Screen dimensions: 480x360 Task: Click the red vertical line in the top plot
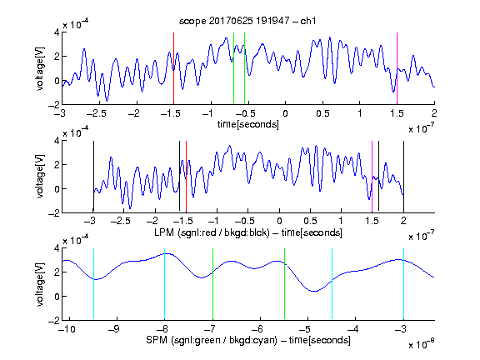tap(173, 68)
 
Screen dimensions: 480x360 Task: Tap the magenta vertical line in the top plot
tap(397, 68)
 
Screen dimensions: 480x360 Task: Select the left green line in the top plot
tap(233, 68)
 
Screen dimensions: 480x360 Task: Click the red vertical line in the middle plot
tap(186, 177)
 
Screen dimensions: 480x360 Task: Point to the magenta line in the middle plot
tap(372, 177)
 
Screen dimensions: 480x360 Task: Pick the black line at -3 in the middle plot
tap(93, 177)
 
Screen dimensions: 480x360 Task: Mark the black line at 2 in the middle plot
tap(403, 177)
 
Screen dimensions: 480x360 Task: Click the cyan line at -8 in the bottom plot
tap(164, 284)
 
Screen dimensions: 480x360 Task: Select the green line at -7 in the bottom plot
tap(212, 284)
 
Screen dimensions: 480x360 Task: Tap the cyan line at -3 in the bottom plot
tap(403, 284)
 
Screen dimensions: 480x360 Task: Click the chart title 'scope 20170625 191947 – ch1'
tap(247, 21)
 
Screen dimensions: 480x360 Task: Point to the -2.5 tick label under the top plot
tap(96, 113)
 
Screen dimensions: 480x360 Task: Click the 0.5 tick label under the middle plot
tap(310, 221)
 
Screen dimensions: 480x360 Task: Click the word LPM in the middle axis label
tap(164, 232)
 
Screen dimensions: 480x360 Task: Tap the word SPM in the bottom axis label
tap(157, 340)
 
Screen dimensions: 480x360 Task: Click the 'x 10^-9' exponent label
tap(421, 344)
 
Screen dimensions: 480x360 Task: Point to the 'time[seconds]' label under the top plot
tap(248, 124)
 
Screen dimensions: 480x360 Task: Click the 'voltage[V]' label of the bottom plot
tap(40, 284)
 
